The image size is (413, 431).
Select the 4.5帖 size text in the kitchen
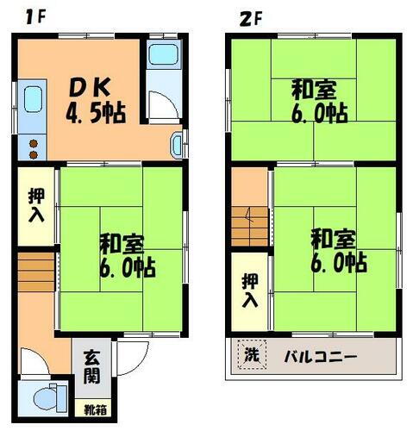point(95,111)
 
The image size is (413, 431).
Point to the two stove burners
point(34,149)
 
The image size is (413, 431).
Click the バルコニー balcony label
point(321,356)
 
